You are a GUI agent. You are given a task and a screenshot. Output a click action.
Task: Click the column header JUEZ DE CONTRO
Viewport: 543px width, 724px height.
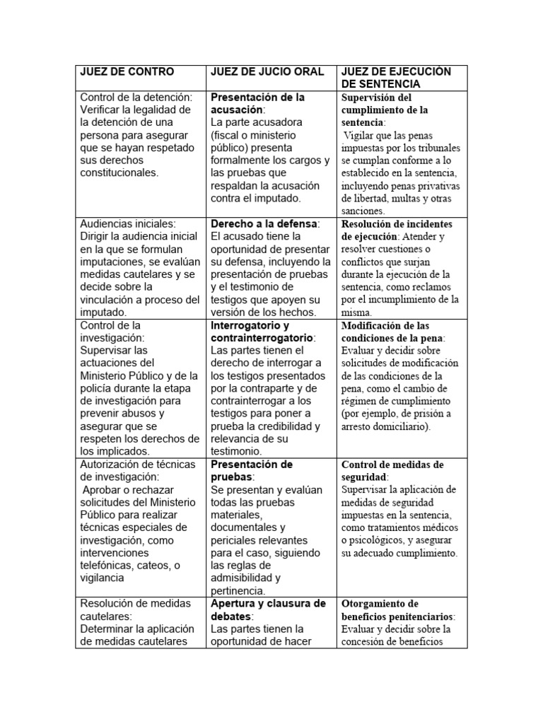127,71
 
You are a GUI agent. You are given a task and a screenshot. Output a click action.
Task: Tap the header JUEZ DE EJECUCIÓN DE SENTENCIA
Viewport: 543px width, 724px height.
396,78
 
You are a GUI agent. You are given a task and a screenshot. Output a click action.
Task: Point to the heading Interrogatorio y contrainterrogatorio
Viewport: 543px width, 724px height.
261,332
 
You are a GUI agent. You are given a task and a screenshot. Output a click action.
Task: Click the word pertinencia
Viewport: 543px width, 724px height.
238,591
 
